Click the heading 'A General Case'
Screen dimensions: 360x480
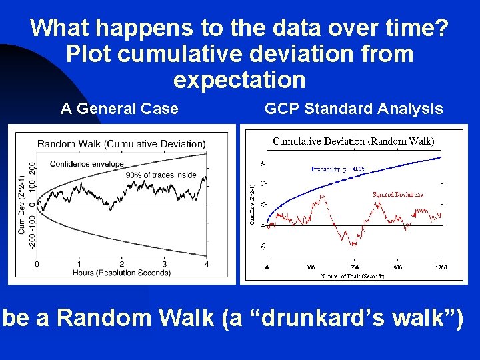coord(119,109)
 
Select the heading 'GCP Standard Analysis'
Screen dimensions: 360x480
coord(353,109)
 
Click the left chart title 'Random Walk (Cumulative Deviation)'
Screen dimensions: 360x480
coord(121,143)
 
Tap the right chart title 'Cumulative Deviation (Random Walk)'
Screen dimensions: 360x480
coord(353,141)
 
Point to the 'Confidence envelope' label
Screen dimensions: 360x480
coord(87,163)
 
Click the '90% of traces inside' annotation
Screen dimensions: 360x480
coord(161,175)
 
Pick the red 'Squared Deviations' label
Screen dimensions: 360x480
coord(397,195)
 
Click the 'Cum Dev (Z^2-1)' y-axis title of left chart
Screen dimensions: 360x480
coord(22,203)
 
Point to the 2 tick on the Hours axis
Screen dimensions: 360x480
coord(121,264)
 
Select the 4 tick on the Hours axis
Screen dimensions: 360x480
coord(206,264)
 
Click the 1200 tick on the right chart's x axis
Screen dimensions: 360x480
coord(441,267)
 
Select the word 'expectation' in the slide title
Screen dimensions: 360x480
coord(239,79)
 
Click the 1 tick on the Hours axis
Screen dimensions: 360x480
coord(79,264)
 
